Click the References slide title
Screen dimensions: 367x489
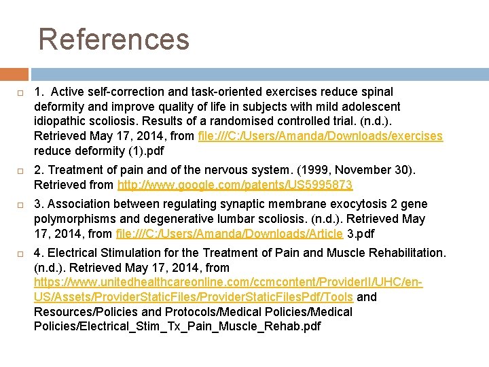[113, 39]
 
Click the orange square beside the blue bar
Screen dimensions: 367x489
[14, 74]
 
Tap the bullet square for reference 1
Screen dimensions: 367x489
[21, 92]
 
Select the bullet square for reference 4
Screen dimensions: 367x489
[21, 254]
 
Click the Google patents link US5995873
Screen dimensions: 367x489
[235, 185]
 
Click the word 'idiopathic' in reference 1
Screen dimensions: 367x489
[60, 121]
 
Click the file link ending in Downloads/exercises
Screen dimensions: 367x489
[320, 136]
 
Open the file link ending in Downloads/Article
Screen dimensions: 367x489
[230, 234]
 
